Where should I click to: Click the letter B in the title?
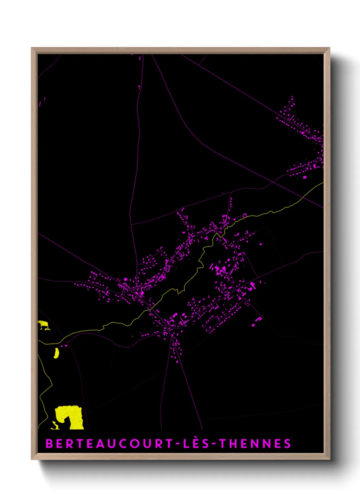click(x=49, y=444)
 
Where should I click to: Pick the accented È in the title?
click(x=195, y=443)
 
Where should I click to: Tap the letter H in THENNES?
click(x=233, y=444)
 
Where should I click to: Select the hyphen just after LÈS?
click(x=213, y=444)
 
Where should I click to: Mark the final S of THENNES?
click(x=288, y=444)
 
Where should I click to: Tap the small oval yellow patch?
click(x=56, y=353)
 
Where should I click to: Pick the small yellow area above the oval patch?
click(x=43, y=324)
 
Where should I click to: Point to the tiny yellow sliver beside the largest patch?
click(x=54, y=425)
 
